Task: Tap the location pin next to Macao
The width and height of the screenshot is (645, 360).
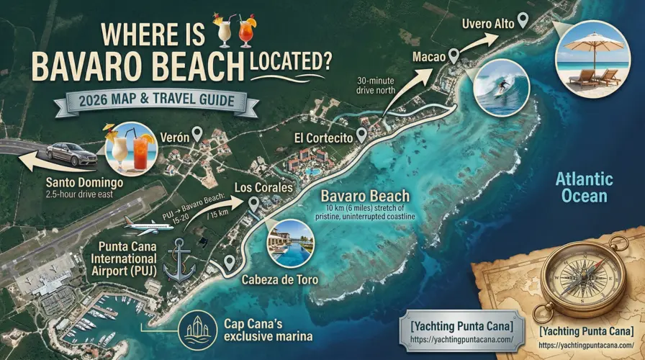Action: pos(454,55)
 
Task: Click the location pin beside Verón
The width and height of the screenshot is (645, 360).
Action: pos(207,132)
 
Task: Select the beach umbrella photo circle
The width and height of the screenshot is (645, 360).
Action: pos(590,59)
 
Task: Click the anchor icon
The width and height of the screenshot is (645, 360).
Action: pos(179,259)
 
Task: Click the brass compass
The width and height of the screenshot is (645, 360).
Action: pos(573,279)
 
